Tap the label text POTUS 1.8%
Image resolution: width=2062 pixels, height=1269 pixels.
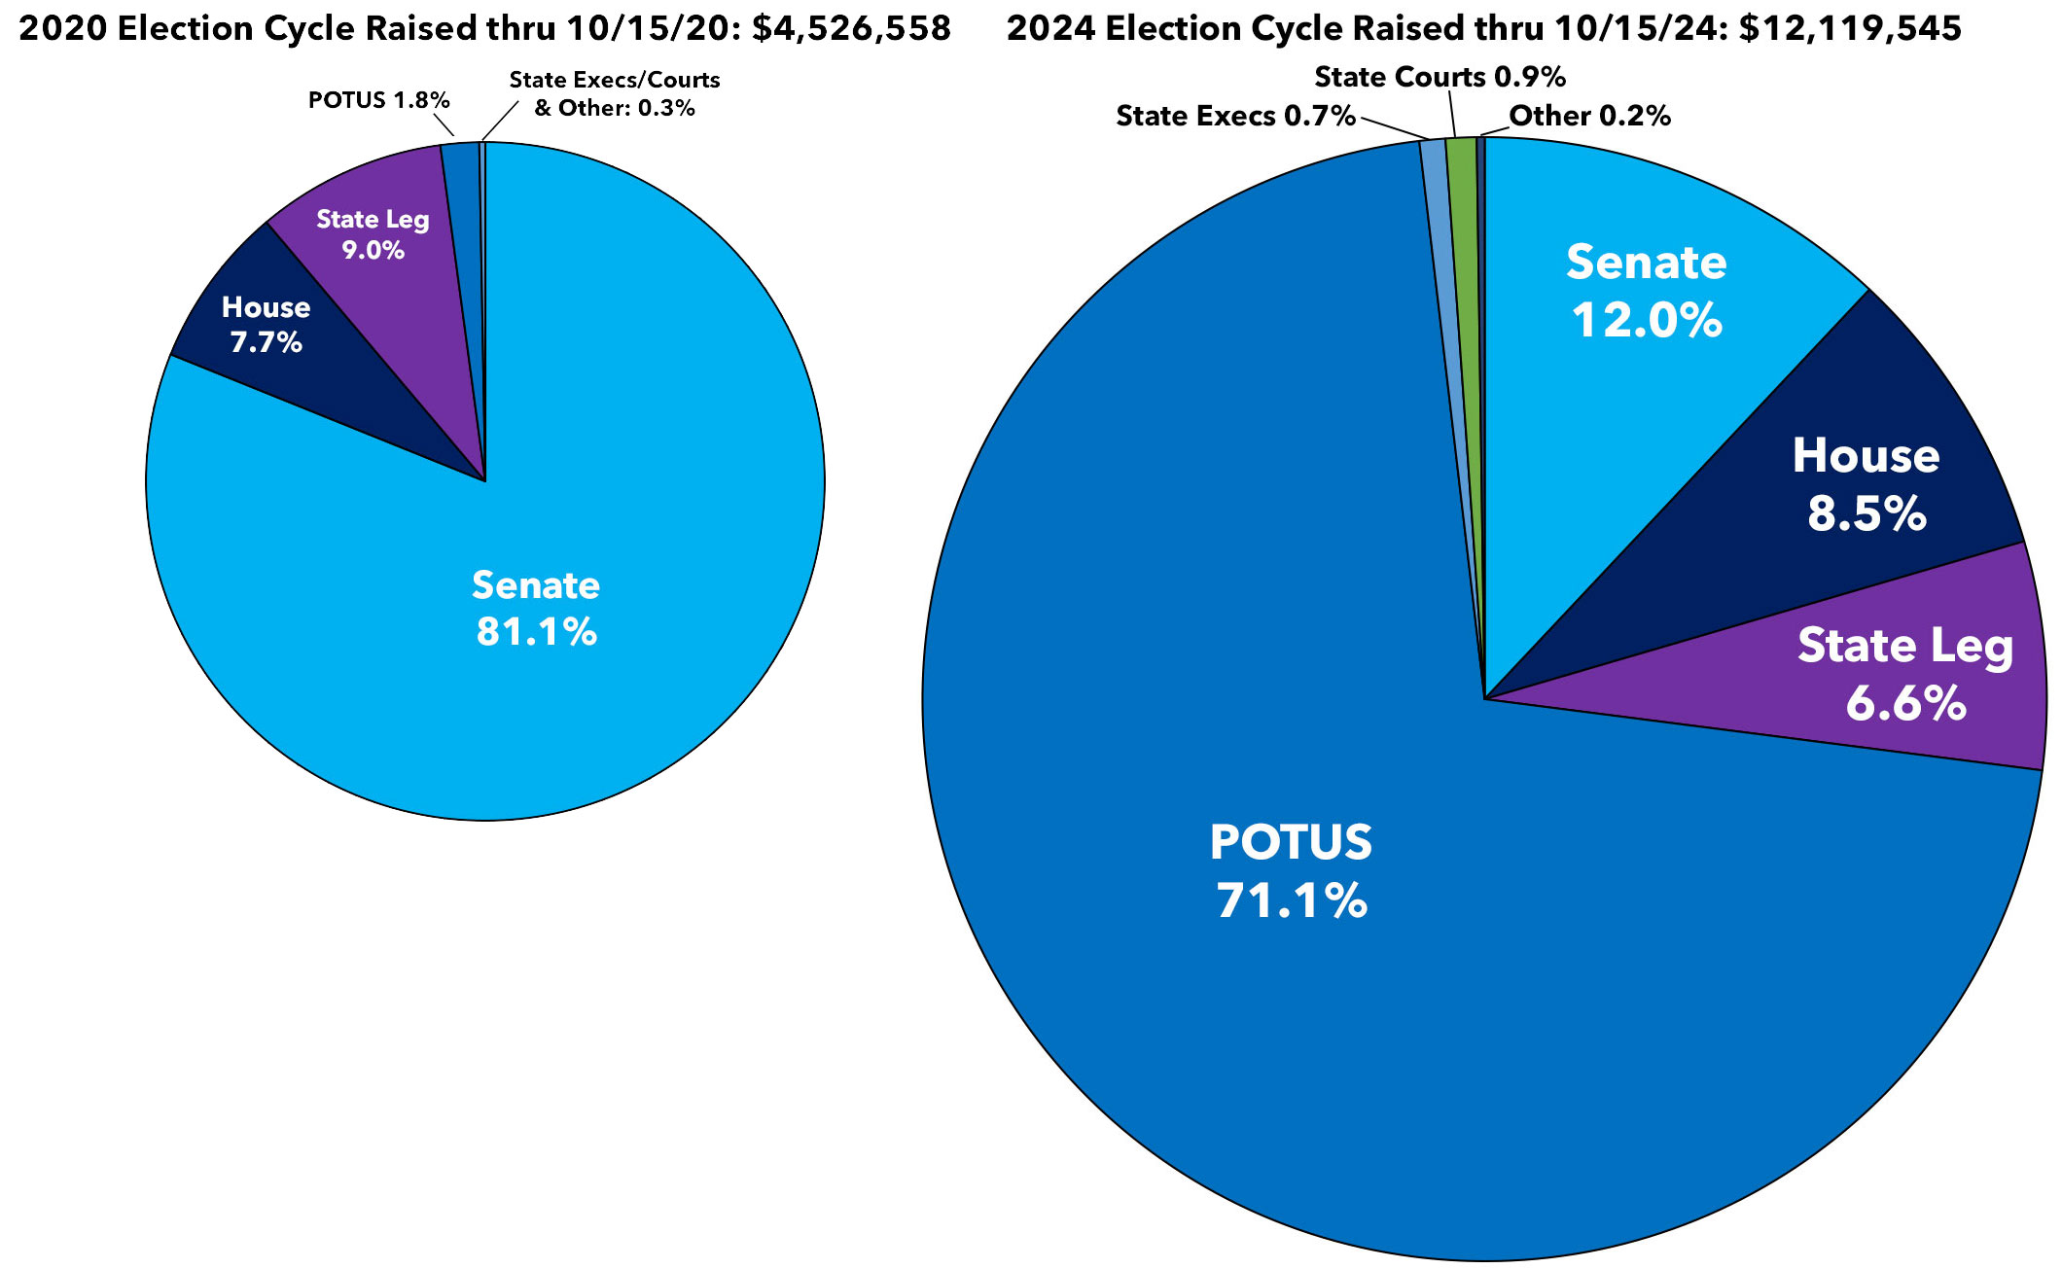[378, 100]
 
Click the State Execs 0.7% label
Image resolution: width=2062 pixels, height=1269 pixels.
[1235, 116]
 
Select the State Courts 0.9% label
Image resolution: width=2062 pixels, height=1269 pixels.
[1440, 77]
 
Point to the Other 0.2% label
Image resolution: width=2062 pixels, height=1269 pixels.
[1589, 116]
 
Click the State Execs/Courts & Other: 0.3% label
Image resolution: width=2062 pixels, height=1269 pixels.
[615, 94]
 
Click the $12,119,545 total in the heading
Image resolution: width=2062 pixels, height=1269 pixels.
[1850, 28]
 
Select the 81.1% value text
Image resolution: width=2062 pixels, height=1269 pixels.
[536, 632]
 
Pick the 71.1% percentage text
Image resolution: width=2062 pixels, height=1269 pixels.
[1292, 900]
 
